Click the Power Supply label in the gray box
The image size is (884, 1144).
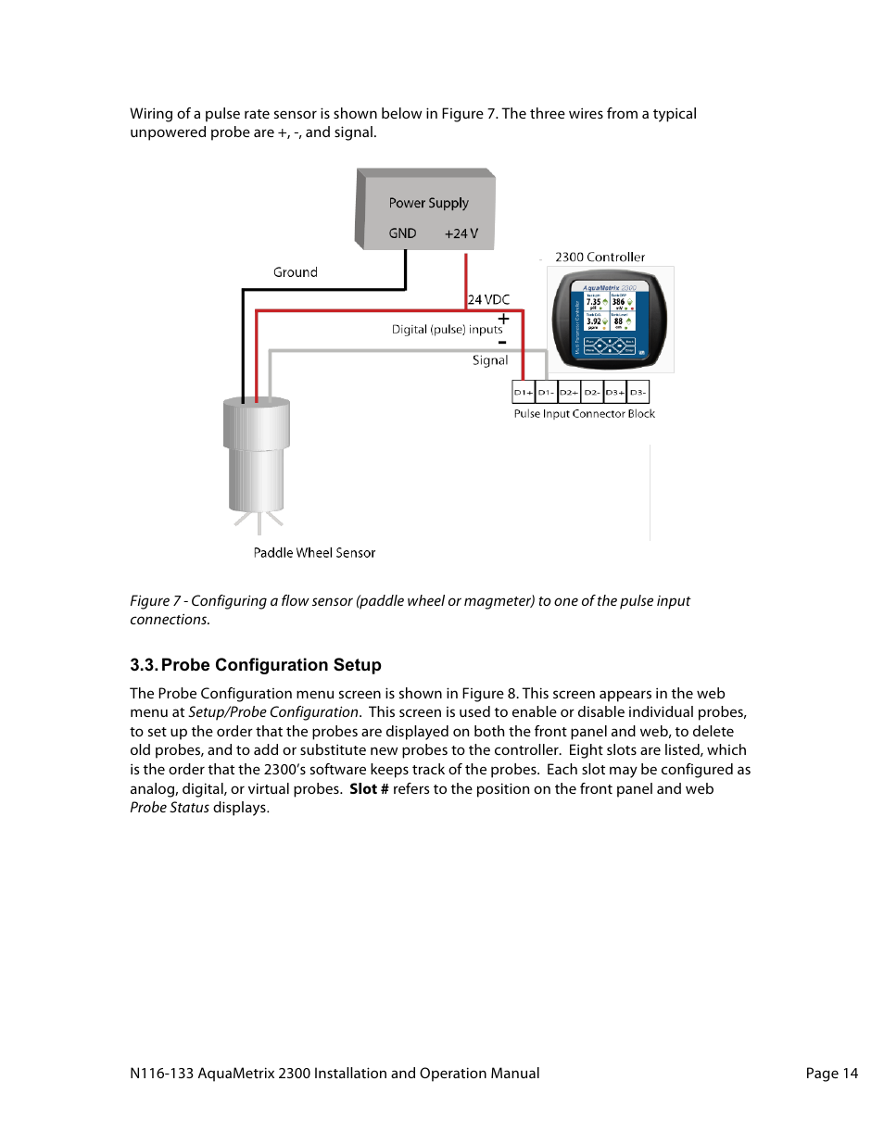[428, 203]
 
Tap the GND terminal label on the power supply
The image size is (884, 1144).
[402, 233]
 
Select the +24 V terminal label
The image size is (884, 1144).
[461, 233]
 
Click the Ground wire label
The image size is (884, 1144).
[295, 272]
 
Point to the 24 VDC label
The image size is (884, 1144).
[488, 299]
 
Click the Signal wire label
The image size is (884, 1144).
[489, 360]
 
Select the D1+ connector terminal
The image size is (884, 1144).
[524, 392]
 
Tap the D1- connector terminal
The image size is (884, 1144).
[547, 392]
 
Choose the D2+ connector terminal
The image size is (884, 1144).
[569, 392]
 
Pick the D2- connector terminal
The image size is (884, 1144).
[592, 392]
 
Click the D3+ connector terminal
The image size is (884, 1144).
[615, 392]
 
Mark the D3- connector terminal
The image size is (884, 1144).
[638, 392]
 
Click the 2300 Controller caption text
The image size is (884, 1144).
[600, 258]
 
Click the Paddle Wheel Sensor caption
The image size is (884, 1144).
[314, 553]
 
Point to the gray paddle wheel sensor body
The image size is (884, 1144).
[257, 454]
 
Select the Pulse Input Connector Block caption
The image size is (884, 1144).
[584, 414]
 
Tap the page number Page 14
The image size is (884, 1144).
[831, 1074]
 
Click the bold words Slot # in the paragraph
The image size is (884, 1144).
[369, 789]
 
